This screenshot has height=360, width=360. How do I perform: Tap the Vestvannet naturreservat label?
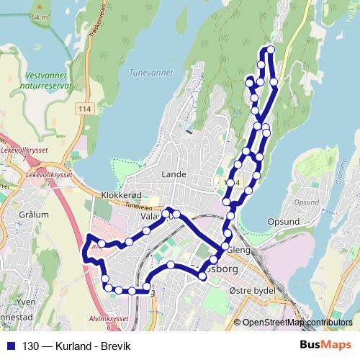48,79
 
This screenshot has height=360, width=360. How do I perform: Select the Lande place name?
174,174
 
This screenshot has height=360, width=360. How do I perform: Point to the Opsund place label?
282,222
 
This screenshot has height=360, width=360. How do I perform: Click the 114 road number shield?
86,107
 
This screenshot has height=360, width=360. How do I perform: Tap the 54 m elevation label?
40,17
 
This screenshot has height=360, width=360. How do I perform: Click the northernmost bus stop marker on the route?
271,50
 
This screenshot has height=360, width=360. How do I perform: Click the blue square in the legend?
9,345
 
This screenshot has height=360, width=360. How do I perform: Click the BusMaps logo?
325,345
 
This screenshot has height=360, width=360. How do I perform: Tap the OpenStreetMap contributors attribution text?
297,323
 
